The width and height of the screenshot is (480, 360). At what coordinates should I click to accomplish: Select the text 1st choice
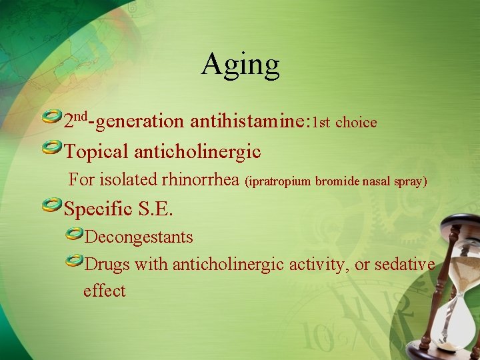345,123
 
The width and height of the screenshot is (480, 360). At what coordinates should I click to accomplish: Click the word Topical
96,152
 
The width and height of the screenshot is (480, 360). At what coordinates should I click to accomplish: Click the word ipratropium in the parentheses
280,181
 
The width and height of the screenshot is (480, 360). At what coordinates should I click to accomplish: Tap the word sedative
404,264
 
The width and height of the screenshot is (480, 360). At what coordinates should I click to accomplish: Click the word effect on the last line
104,291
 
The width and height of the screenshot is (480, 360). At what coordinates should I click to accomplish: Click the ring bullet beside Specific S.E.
52,205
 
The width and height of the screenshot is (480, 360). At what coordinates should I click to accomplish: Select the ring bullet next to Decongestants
74,233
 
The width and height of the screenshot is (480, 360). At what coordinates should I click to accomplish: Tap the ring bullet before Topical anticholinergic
52,148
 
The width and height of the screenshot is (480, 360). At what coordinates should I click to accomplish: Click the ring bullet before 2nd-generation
52,118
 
